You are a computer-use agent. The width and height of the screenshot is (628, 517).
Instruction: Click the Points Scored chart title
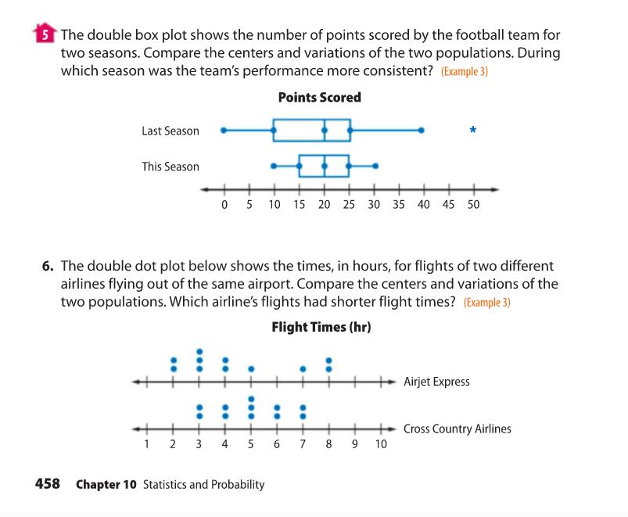(319, 98)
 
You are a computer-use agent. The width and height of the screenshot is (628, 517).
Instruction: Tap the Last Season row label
(170, 131)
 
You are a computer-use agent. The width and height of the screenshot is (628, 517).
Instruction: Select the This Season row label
(170, 167)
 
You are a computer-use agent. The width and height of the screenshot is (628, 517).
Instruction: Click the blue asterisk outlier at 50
(473, 131)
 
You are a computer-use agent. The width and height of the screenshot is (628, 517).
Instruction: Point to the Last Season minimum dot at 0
(224, 131)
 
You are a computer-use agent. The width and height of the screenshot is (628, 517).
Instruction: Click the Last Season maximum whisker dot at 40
(422, 131)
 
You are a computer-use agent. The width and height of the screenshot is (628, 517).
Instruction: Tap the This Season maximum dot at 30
(375, 166)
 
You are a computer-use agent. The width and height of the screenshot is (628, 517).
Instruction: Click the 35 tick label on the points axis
(399, 205)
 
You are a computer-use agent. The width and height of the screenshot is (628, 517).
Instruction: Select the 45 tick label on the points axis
(449, 205)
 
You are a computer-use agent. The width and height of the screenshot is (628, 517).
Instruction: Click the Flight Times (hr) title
(321, 326)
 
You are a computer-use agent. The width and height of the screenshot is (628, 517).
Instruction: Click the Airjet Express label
(436, 382)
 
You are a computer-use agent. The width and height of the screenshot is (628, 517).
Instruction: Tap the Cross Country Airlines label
(457, 429)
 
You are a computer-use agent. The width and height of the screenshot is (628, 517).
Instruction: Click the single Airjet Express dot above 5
(251, 368)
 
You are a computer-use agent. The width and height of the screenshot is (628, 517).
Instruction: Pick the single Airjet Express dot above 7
(303, 368)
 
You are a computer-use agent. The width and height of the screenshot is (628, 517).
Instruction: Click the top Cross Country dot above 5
(251, 398)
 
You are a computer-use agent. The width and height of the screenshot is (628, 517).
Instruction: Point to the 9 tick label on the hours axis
(354, 445)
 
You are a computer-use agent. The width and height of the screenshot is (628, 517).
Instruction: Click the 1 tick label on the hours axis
(147, 445)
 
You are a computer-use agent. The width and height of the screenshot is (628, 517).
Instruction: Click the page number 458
(48, 483)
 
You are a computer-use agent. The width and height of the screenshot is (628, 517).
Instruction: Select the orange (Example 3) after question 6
(486, 303)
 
